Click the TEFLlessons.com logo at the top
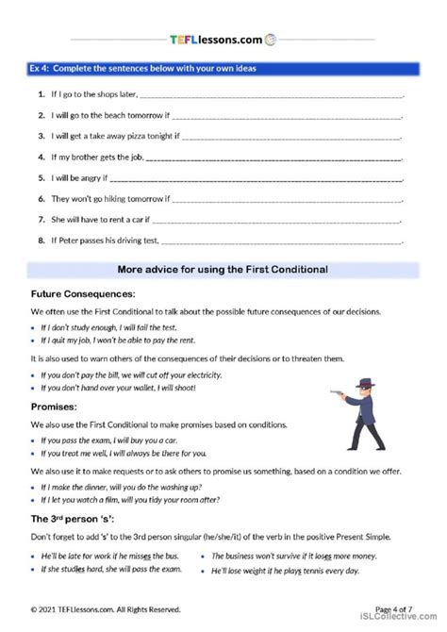pyautogui.click(x=223, y=39)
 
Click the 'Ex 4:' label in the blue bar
pyautogui.click(x=44, y=69)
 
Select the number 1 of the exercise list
pyautogui.click(x=41, y=95)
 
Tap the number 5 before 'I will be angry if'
pyautogui.click(x=41, y=177)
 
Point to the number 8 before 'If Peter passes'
pyautogui.click(x=41, y=241)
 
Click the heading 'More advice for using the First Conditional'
pyautogui.click(x=223, y=269)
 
